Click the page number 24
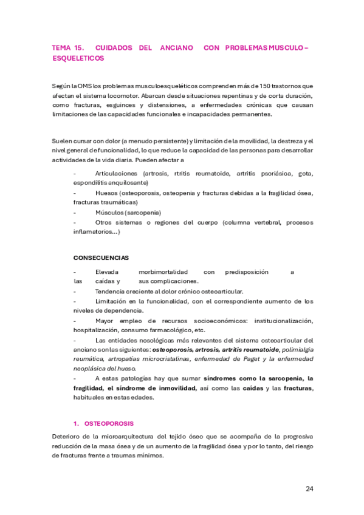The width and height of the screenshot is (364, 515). pyautogui.click(x=310, y=488)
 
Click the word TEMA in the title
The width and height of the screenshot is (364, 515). pyautogui.click(x=61, y=47)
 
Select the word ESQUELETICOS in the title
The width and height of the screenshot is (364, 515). pyautogui.click(x=78, y=58)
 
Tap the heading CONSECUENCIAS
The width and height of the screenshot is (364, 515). pyautogui.click(x=101, y=257)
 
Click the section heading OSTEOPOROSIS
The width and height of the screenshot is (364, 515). pyautogui.click(x=109, y=423)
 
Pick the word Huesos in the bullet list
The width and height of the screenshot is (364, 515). pyautogui.click(x=107, y=193)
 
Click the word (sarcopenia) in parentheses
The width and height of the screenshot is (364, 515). pyautogui.click(x=143, y=213)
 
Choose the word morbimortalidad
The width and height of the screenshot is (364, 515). pyautogui.click(x=163, y=272)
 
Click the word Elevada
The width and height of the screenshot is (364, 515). pyautogui.click(x=107, y=272)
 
